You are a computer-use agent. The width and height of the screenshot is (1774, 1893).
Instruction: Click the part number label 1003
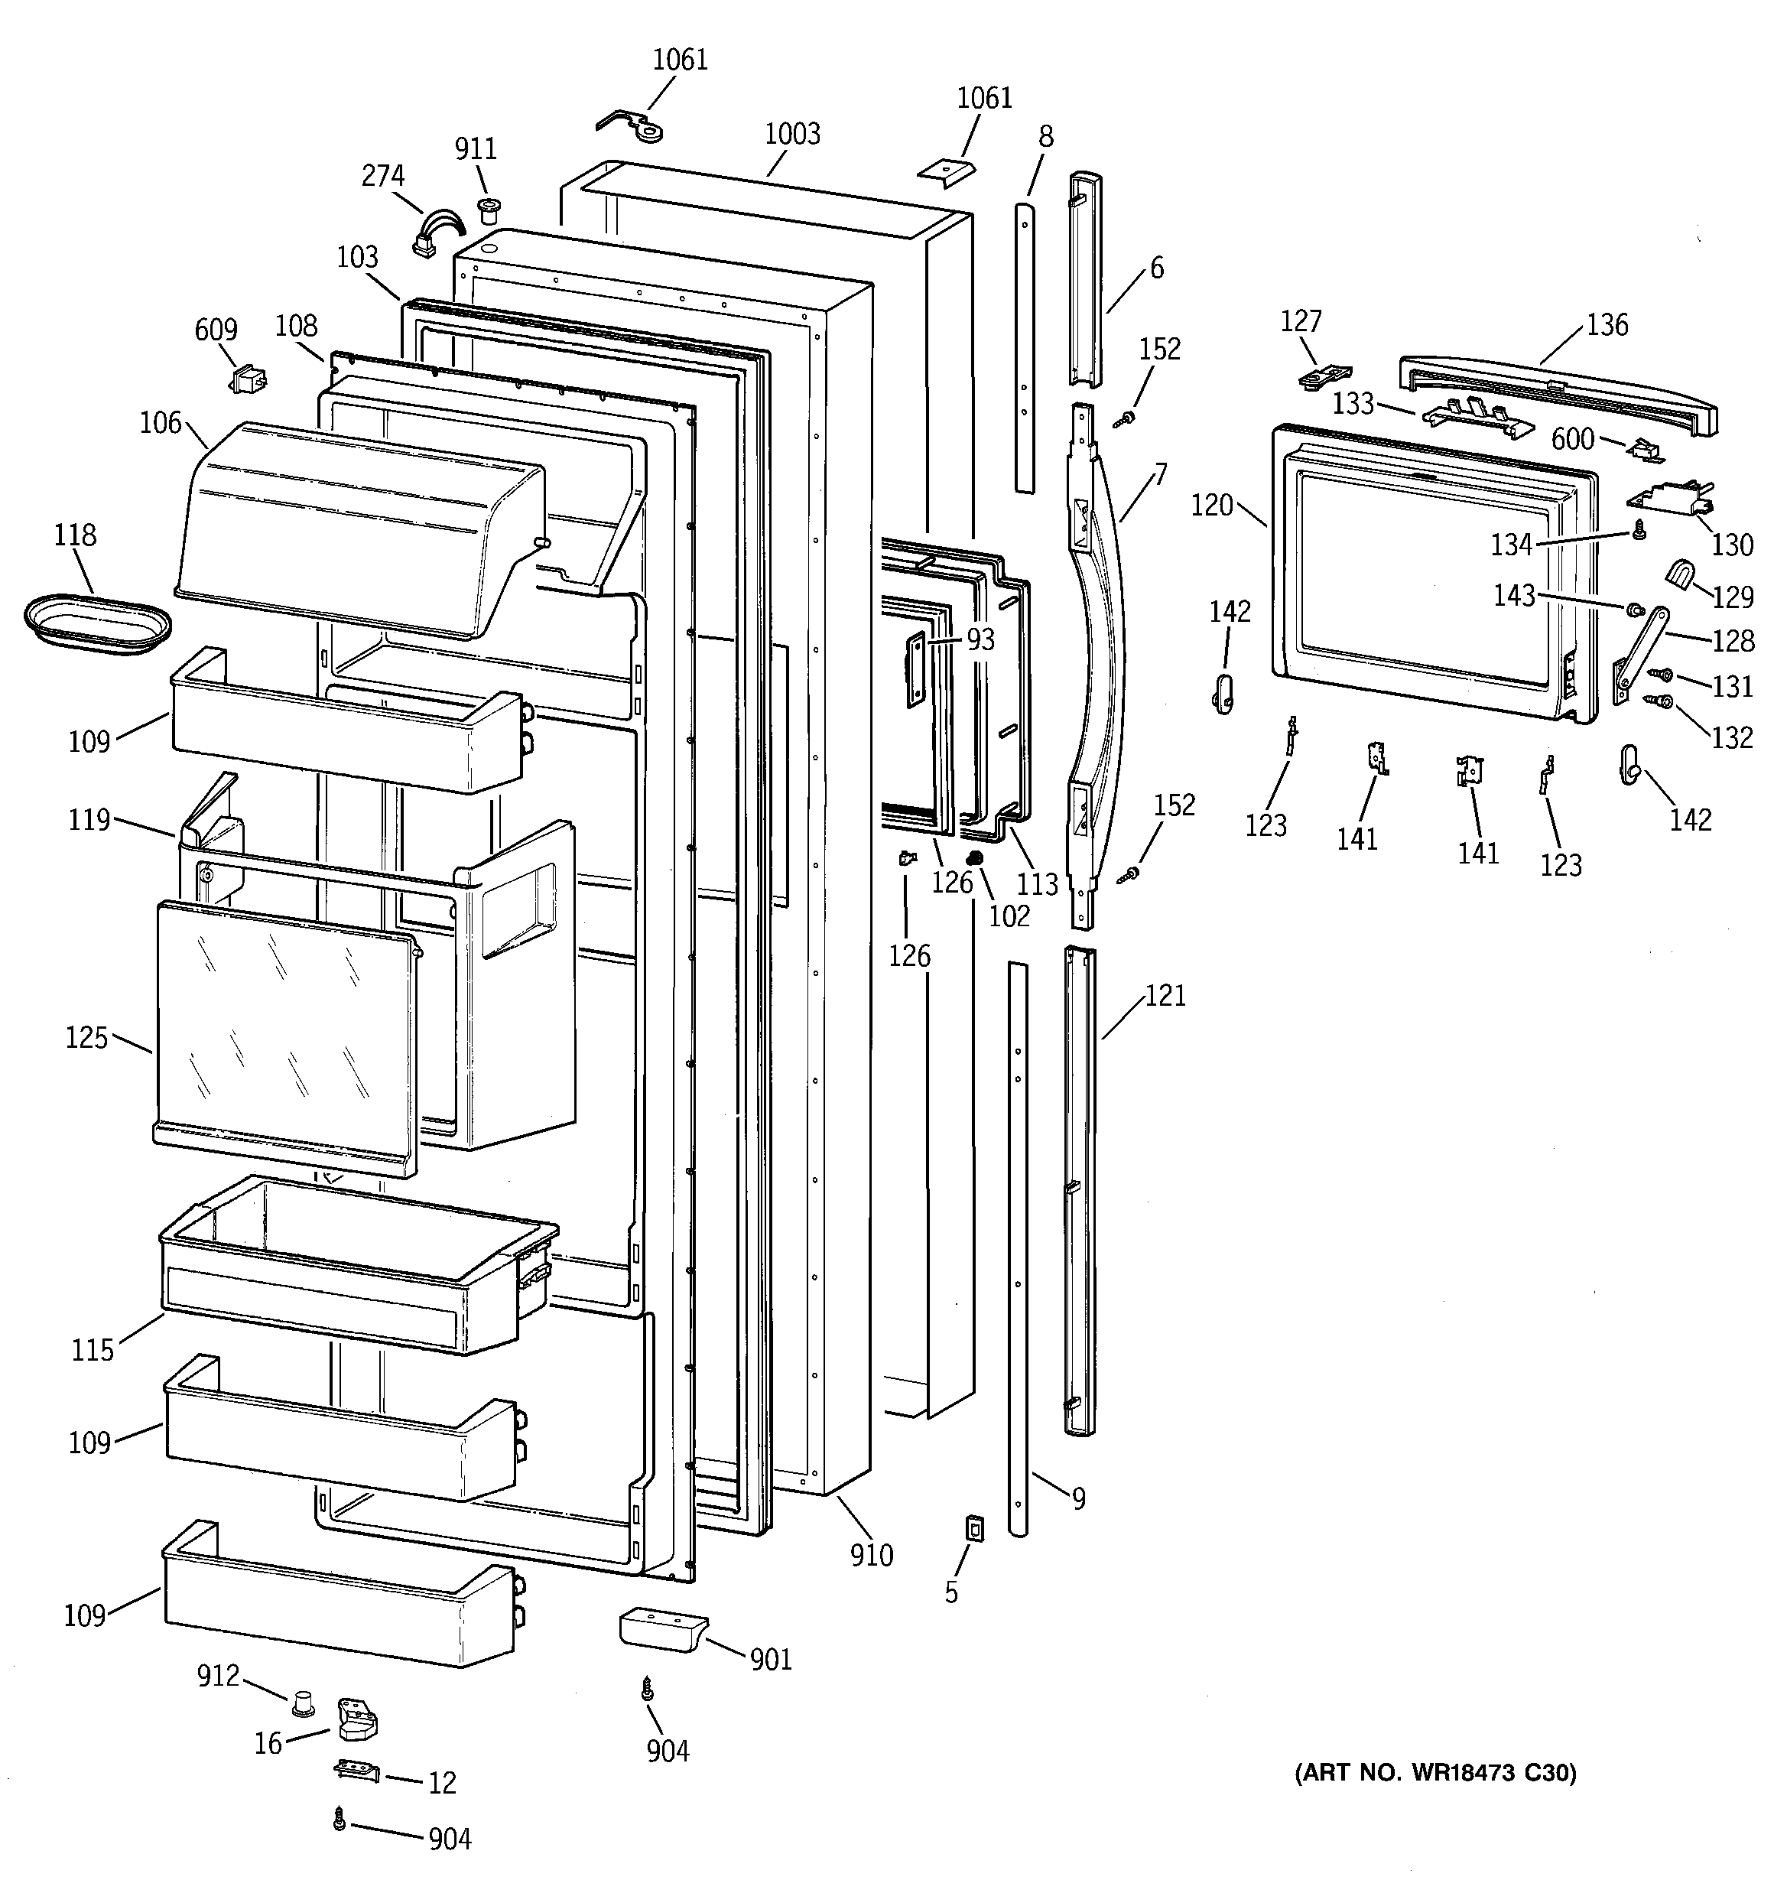pos(792,135)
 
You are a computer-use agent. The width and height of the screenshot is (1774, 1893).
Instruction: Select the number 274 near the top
pos(383,176)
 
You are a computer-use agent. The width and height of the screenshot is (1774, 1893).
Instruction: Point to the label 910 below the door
pos(871,1555)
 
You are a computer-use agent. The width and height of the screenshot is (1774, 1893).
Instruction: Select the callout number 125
pos(86,1038)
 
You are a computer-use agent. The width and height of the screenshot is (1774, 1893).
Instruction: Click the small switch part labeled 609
pos(248,380)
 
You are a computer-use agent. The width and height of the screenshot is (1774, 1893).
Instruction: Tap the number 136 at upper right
pos(1607,325)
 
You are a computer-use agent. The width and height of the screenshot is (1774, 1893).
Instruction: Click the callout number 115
pos(93,1349)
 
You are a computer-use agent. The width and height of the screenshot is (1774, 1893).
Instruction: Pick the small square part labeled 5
pos(974,1529)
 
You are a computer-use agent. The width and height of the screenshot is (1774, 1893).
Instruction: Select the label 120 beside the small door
pos(1211,506)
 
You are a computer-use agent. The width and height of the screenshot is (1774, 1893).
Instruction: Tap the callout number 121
pos(1165,996)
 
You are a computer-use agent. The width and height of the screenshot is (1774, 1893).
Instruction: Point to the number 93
pos(981,640)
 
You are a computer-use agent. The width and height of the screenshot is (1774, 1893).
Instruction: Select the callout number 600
pos(1572,438)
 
